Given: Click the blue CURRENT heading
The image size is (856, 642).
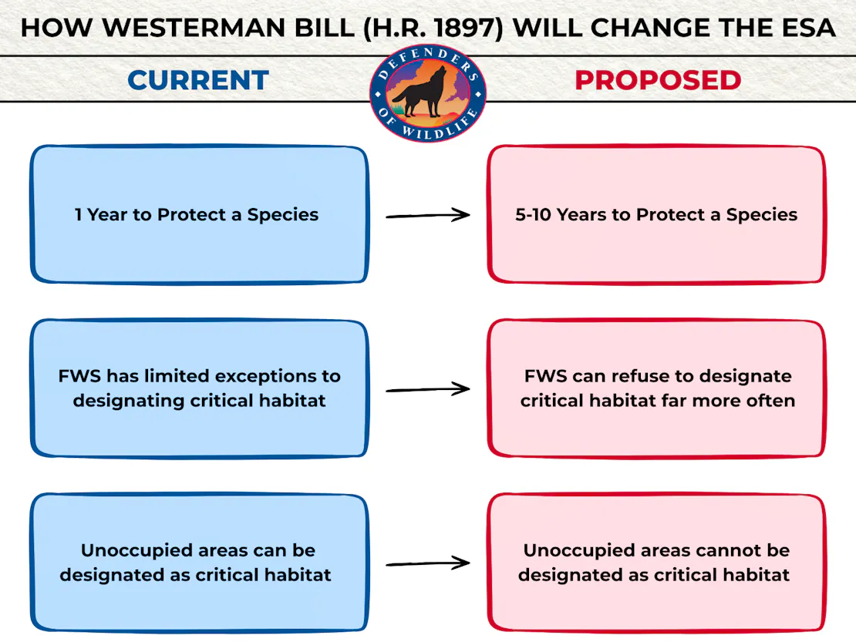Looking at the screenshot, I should [x=198, y=80].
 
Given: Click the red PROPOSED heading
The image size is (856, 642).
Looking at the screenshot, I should [x=658, y=80].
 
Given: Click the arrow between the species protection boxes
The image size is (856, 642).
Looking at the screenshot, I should [x=428, y=216].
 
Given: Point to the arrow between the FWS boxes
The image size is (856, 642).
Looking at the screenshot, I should [x=428, y=390].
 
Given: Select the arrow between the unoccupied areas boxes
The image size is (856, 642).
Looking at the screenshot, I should [x=428, y=564].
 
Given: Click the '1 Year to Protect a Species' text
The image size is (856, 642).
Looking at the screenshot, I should [x=197, y=215].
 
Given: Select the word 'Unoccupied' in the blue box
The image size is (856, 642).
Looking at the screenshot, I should [x=126, y=551].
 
